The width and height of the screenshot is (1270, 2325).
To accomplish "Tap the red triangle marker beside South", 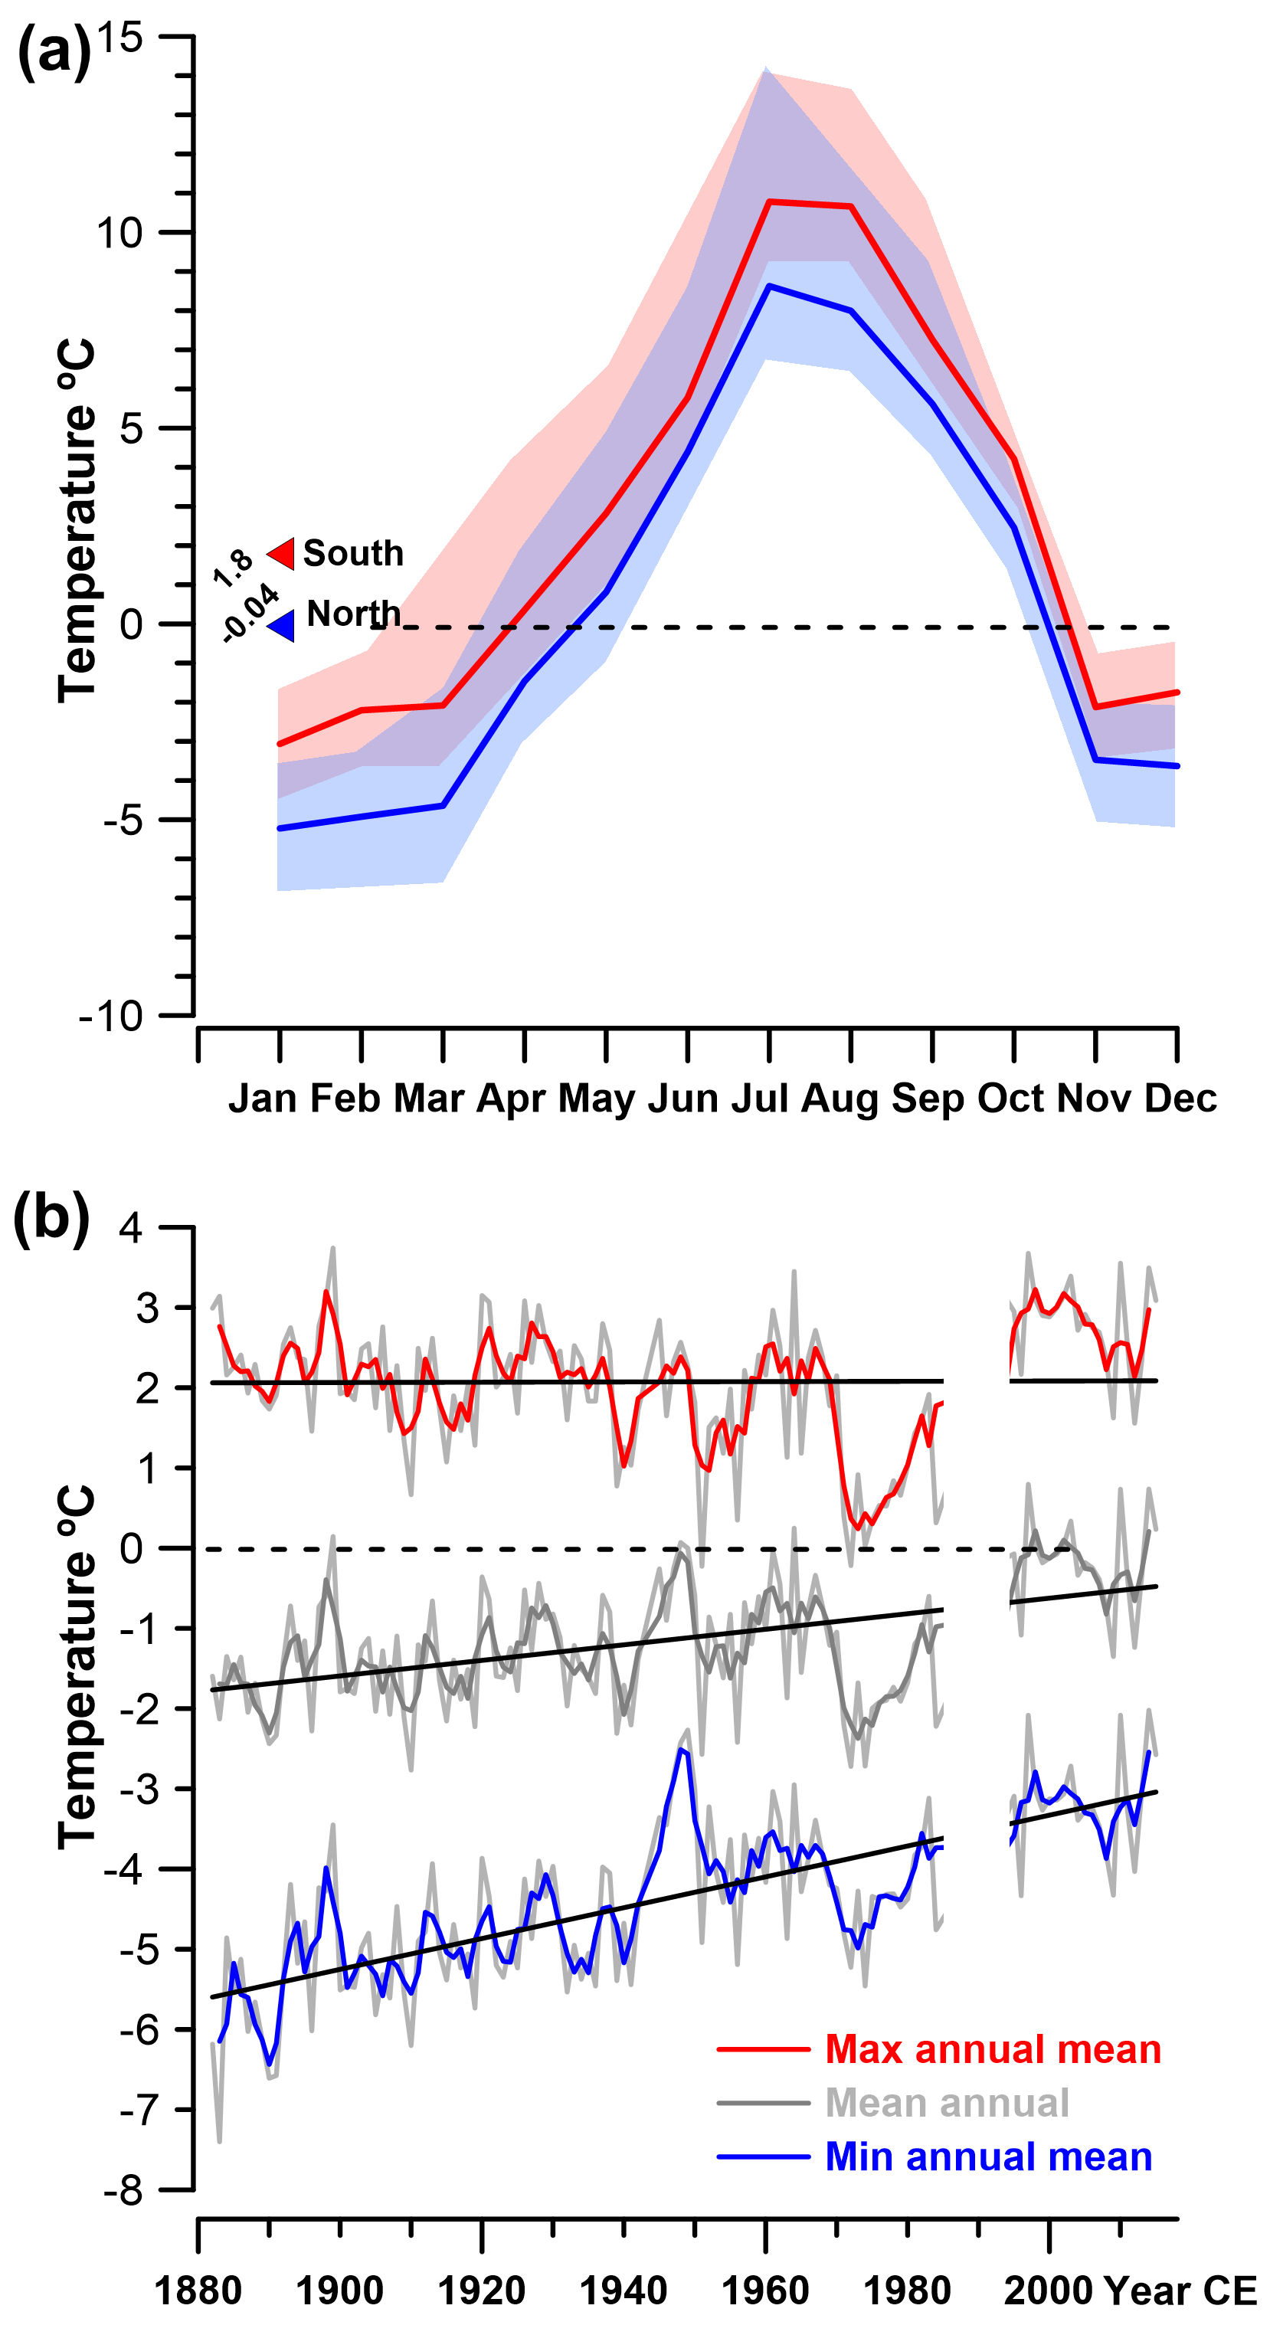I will point(282,552).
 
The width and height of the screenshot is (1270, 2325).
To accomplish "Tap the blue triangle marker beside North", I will point(283,625).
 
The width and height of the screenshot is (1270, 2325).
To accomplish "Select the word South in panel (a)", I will point(353,552).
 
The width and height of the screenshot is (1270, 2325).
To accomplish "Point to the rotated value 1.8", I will point(233,567).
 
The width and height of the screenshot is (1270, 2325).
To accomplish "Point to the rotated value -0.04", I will point(250,612).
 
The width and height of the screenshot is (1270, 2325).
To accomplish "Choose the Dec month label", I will point(1180,1099).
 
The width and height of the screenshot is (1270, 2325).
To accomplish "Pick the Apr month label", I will point(511,1099).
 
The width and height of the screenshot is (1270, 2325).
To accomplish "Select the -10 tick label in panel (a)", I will point(111,1017).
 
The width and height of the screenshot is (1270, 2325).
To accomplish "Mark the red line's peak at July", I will point(769,201).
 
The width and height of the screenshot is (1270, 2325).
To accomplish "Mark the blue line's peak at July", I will point(769,286).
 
